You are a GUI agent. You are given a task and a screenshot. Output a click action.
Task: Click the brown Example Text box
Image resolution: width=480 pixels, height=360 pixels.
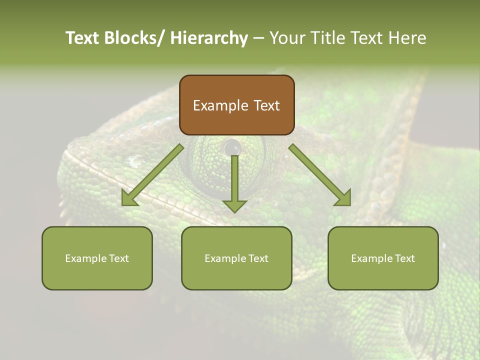236,105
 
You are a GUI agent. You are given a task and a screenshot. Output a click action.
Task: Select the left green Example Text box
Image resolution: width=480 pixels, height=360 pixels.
97,258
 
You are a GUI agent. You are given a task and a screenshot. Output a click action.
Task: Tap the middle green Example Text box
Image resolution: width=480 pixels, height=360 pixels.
236,258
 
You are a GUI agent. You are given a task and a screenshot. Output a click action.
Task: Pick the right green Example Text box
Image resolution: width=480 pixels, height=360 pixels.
383,258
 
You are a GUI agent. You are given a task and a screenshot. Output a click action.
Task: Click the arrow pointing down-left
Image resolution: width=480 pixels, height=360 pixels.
152,175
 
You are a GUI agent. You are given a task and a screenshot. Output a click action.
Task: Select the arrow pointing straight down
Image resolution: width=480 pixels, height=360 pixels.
234,182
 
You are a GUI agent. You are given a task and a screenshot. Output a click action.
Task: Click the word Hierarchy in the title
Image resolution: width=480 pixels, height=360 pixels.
208,38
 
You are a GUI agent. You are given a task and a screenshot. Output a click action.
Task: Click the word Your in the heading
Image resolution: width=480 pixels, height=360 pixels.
287,38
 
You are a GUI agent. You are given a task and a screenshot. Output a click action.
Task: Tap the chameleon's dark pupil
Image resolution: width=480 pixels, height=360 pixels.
232,147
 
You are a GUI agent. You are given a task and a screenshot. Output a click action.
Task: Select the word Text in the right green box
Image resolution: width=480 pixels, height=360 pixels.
405,258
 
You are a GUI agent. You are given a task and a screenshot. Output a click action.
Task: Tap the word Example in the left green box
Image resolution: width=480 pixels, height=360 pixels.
85,258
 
